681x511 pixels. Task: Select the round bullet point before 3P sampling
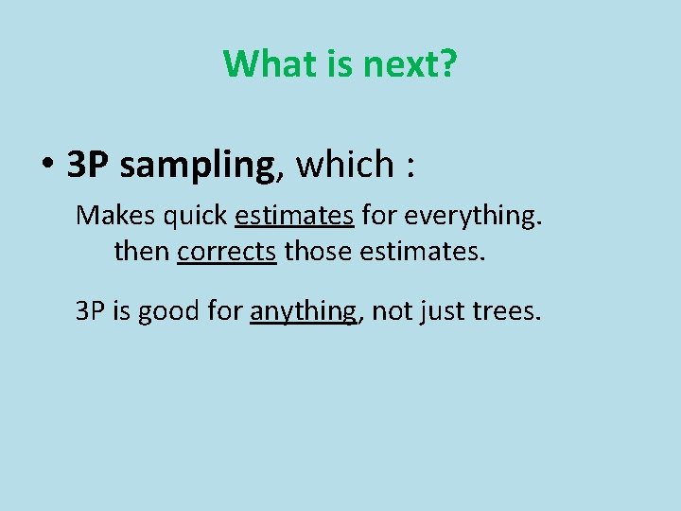click(46, 165)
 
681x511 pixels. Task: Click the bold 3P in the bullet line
click(89, 165)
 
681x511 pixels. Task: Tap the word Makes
click(113, 215)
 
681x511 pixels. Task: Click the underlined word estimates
click(294, 215)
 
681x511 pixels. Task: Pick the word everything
click(473, 217)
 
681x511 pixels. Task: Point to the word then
click(141, 251)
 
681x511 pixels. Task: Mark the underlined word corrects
click(226, 251)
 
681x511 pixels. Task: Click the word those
click(316, 251)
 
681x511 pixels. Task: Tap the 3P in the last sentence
click(92, 309)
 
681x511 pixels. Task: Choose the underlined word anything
click(304, 311)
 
